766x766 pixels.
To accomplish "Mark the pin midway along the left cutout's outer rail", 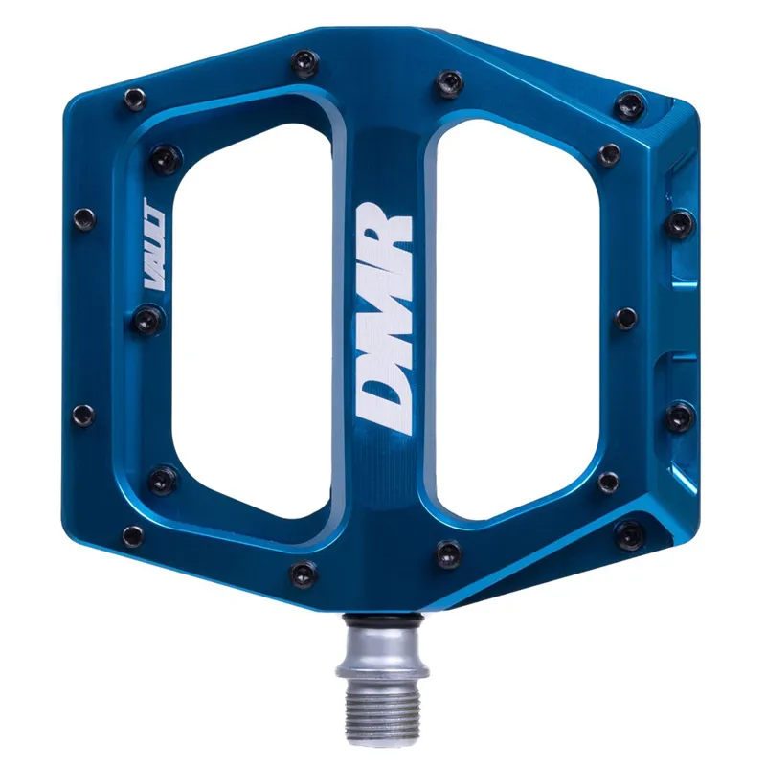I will pos(145,320).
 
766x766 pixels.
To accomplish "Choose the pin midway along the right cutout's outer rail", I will pos(625,319).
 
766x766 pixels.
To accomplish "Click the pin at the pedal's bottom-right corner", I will pos(630,536).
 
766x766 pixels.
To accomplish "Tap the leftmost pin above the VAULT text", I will pos(84,218).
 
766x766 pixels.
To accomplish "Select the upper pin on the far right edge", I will pos(680,224).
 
